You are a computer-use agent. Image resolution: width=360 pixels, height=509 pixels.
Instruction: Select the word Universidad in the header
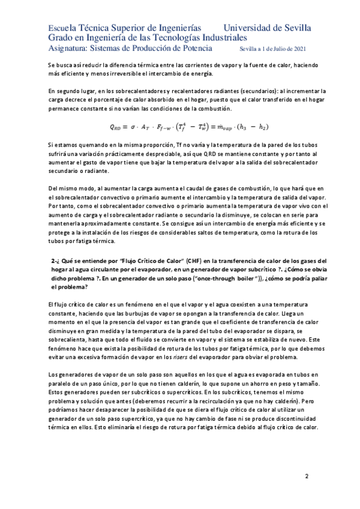[249, 28]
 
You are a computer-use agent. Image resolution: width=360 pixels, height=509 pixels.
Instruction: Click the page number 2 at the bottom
[307, 477]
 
